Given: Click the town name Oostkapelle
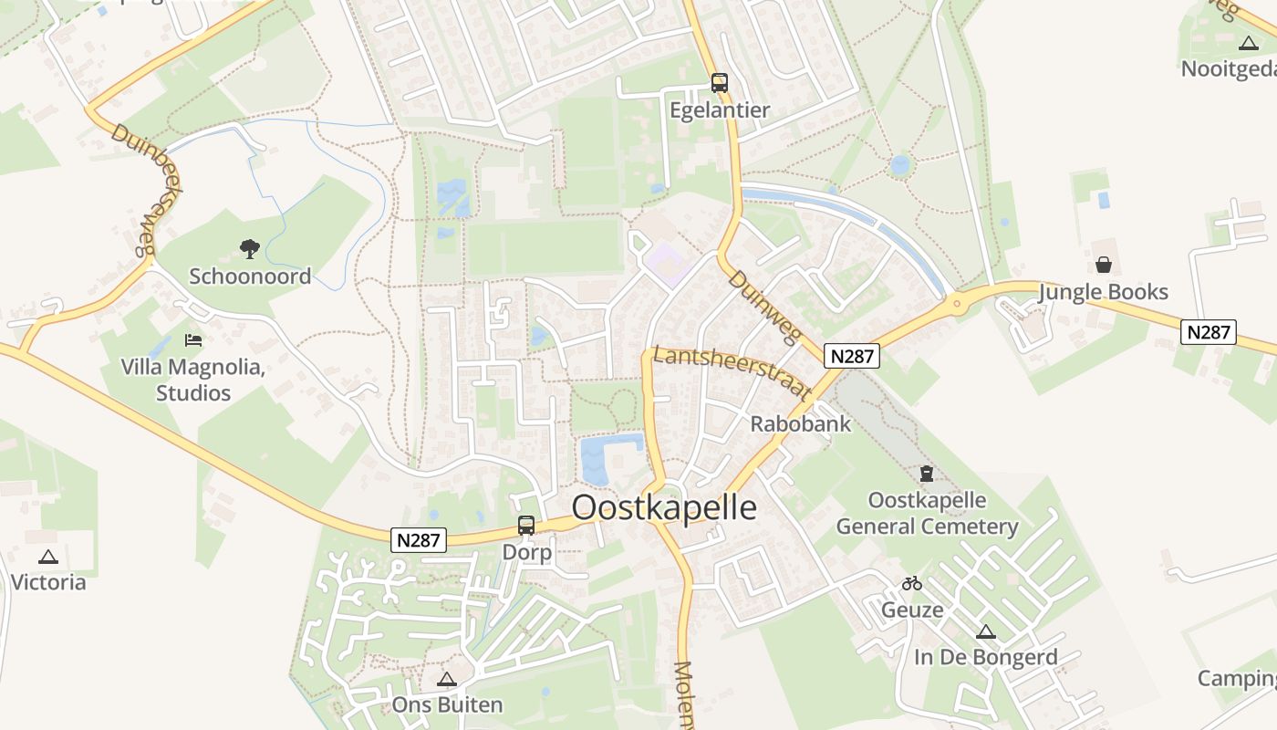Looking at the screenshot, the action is pyautogui.click(x=664, y=508).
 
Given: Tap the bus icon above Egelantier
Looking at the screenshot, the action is pyautogui.click(x=720, y=83).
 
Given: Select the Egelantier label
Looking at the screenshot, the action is pyautogui.click(x=720, y=110).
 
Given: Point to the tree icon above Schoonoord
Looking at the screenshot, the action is pyautogui.click(x=249, y=248).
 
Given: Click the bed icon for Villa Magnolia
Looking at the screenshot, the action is pyautogui.click(x=193, y=340).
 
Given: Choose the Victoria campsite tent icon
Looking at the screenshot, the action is pyautogui.click(x=48, y=557).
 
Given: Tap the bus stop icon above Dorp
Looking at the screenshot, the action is pyautogui.click(x=526, y=526).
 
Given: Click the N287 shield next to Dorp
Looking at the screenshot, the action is pyautogui.click(x=420, y=540).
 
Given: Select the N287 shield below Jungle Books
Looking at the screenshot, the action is pyautogui.click(x=1209, y=332).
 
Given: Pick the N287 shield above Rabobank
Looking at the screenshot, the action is pyautogui.click(x=852, y=356).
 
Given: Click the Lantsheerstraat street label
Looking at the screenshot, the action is pyautogui.click(x=732, y=371).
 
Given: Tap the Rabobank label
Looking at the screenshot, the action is pyautogui.click(x=800, y=424).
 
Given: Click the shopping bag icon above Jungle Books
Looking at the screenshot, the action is pyautogui.click(x=1104, y=265).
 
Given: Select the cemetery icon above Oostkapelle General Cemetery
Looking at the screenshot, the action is pyautogui.click(x=927, y=474).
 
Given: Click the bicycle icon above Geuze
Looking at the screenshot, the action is pyautogui.click(x=911, y=583).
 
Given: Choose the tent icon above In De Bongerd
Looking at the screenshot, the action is pyautogui.click(x=985, y=631).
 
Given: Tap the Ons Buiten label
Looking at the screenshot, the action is pyautogui.click(x=447, y=704).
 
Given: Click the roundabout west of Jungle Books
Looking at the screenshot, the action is pyautogui.click(x=956, y=303).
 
